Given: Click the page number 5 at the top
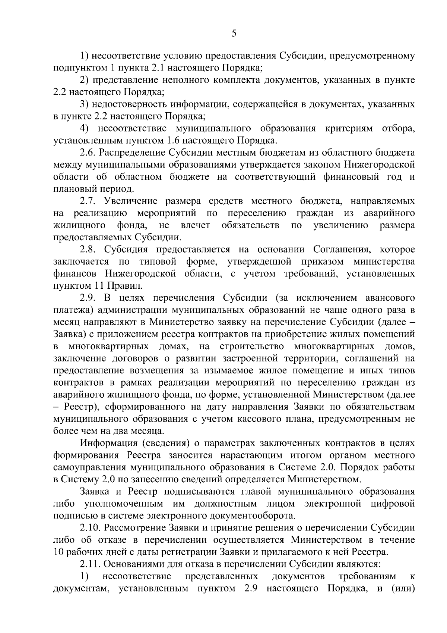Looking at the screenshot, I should coord(234,34).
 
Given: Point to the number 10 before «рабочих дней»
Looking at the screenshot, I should coord(59,552).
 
